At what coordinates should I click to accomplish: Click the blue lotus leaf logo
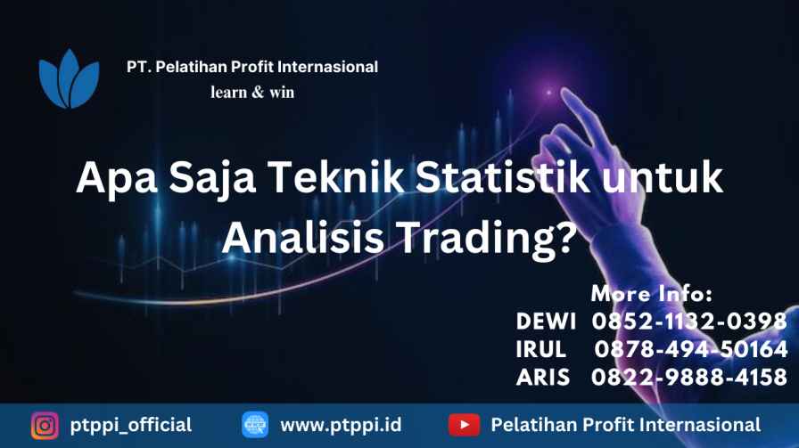click(69, 79)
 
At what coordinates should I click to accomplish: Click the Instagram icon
click(45, 425)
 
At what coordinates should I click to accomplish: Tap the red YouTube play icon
click(464, 425)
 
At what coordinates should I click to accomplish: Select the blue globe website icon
click(255, 425)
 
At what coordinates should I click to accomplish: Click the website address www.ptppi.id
click(341, 426)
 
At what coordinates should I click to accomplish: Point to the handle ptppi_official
click(131, 426)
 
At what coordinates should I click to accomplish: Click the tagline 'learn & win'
click(252, 92)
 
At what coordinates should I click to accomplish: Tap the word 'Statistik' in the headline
click(502, 176)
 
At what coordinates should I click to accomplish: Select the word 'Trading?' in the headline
click(487, 237)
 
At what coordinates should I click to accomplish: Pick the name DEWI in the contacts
click(546, 322)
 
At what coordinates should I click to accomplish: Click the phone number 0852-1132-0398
click(689, 322)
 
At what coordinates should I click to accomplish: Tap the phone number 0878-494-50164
click(691, 349)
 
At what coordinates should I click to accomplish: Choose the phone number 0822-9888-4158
click(689, 378)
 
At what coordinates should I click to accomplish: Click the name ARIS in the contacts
click(543, 378)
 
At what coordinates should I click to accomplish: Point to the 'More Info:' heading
click(652, 294)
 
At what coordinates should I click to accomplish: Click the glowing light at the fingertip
click(548, 93)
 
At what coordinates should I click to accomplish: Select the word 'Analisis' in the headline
click(302, 237)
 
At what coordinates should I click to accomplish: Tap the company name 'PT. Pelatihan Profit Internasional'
click(252, 67)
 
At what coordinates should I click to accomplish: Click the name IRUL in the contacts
click(540, 349)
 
